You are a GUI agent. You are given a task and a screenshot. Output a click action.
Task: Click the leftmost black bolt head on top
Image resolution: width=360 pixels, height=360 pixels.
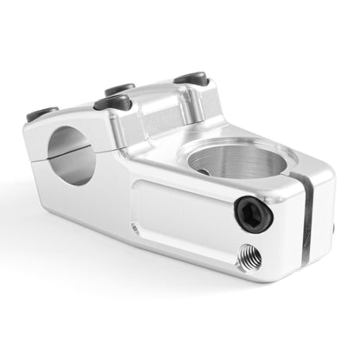(41, 112)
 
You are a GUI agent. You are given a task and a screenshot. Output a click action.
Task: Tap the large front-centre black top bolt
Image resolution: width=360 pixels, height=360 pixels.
(112, 103)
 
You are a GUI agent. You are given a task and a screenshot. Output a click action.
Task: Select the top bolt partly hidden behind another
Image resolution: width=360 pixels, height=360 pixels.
(119, 88)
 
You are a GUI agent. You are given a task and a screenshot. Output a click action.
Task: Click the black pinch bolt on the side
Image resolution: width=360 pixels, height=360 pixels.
(253, 213)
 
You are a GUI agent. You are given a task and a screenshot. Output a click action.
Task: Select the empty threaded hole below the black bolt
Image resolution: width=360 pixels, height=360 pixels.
(248, 255)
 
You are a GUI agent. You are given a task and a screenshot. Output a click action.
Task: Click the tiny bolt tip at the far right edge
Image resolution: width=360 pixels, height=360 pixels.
(334, 229)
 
